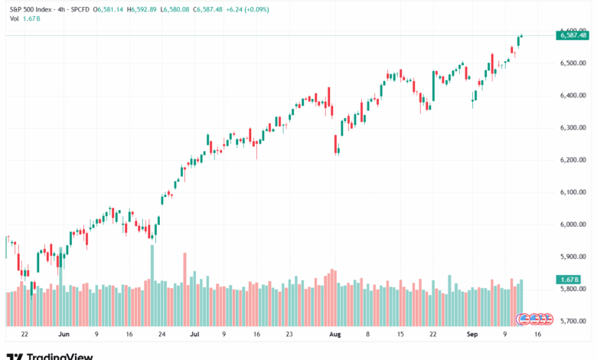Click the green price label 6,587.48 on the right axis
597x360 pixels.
click(573, 35)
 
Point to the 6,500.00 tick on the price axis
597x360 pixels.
click(573, 64)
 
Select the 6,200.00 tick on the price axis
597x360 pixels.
click(573, 160)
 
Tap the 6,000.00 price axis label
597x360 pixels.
click(573, 224)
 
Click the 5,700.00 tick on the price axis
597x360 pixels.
click(573, 321)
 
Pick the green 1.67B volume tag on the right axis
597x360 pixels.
click(570, 280)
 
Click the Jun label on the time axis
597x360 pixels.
click(64, 335)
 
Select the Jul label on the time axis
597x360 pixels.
click(194, 335)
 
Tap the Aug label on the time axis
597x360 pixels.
click(334, 335)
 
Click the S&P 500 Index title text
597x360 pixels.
click(30, 8)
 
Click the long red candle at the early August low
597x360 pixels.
click(336, 144)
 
